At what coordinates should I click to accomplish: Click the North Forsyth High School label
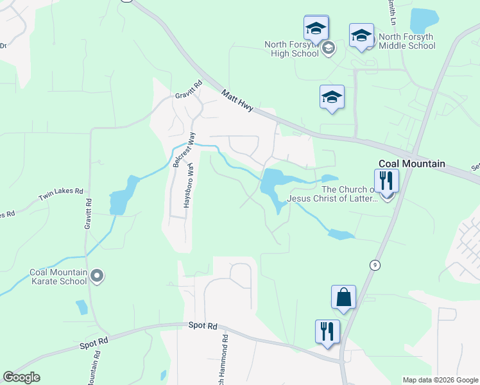coord(292,49)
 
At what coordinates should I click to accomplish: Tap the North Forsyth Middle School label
coord(407,41)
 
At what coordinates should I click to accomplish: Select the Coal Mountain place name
coord(411,164)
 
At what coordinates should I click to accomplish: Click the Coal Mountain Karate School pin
coord(97,276)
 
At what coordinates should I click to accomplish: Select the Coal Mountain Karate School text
coord(58,277)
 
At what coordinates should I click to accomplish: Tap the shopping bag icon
coord(343,297)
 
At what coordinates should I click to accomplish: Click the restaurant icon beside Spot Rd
coord(327,331)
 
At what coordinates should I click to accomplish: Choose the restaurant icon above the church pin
coord(387,180)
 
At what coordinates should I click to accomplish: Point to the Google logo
coord(21,377)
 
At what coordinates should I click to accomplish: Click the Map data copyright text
coord(440,380)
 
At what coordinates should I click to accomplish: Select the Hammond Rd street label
coord(225,359)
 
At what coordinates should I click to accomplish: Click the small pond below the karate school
coord(81,307)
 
